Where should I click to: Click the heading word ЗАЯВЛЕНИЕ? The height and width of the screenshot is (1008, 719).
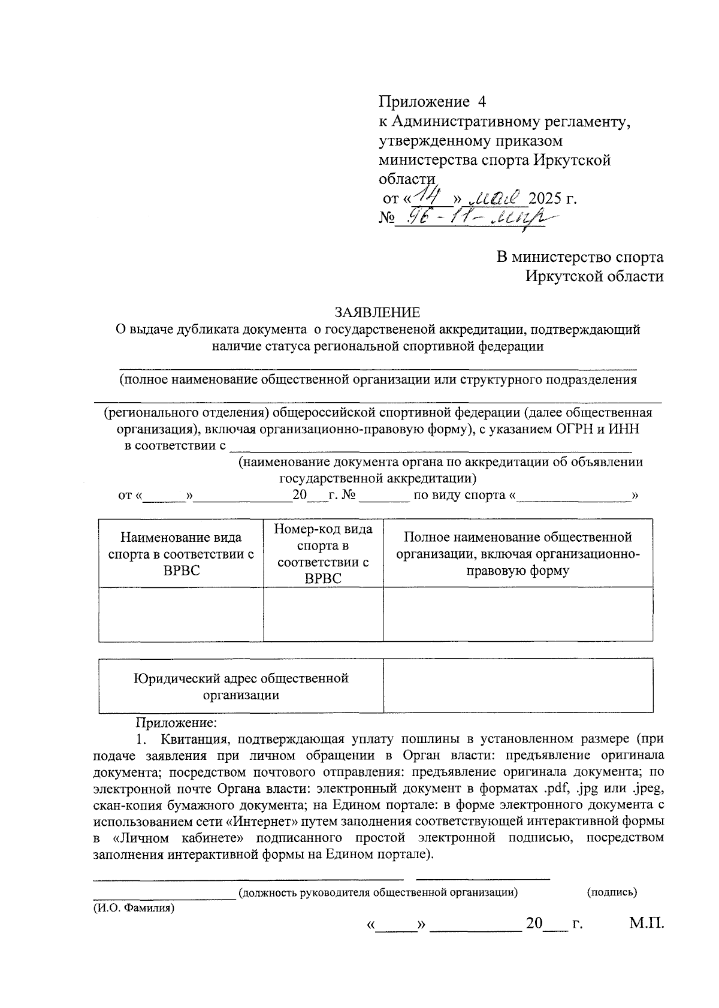(x=377, y=312)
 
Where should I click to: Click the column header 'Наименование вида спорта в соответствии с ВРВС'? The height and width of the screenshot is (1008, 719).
(x=181, y=553)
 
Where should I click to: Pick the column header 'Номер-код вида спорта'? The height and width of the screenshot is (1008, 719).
(x=323, y=553)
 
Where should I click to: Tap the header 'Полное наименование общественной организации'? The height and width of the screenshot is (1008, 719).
(x=518, y=553)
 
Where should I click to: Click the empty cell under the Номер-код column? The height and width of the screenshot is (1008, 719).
(x=323, y=614)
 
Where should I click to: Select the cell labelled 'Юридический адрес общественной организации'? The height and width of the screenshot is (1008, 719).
(x=241, y=686)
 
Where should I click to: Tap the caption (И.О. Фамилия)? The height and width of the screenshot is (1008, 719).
(x=134, y=908)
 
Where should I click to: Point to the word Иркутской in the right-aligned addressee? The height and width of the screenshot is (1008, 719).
(x=561, y=276)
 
